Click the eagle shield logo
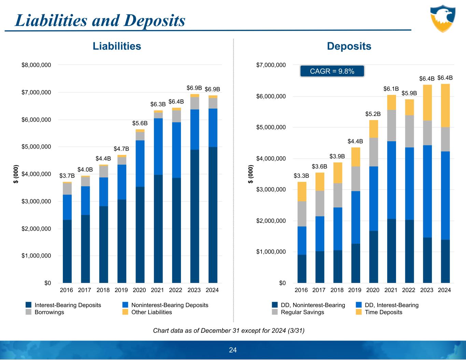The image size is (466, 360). coord(442,18)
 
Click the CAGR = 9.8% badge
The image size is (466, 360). coord(332,71)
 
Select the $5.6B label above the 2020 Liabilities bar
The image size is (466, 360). coord(140,123)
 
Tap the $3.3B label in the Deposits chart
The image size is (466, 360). coord(301,176)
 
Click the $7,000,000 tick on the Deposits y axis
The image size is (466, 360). coord(271,65)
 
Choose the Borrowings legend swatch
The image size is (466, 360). coord(29,312)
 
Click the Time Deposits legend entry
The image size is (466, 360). coord(383,312)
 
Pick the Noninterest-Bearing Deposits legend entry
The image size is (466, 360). coord(170,305)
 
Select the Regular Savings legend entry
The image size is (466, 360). coord(302,312)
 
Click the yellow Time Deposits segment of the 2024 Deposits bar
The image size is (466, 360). coord(445,105)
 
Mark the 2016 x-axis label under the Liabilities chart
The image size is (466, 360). coord(67,290)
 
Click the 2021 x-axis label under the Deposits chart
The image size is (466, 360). coord(391,290)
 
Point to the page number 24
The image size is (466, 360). coord(233,350)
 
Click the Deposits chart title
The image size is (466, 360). coord(349,46)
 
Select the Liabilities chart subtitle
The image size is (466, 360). coord(117,46)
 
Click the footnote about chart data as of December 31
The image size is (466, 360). coord(229,331)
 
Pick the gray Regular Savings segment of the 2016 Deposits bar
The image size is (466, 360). coord(301,214)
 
